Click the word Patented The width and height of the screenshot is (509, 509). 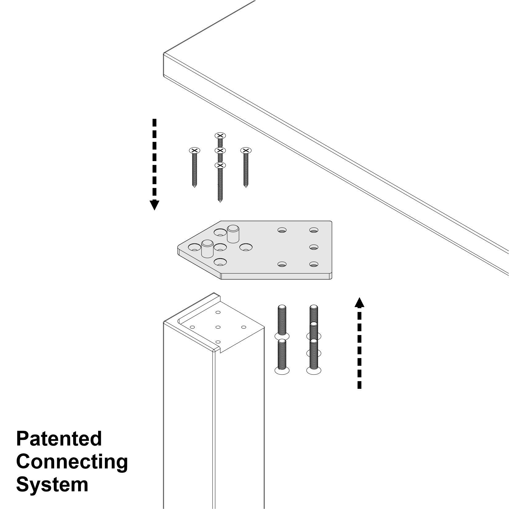[x=59, y=439]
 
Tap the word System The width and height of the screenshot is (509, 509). [x=52, y=485]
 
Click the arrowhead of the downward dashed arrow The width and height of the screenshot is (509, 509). [x=154, y=205]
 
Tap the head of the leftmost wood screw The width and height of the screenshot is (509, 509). [x=194, y=150]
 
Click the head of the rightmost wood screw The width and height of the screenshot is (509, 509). [x=246, y=150]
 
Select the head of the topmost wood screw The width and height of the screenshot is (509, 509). [x=220, y=136]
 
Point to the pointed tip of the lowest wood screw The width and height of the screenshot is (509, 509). [x=220, y=201]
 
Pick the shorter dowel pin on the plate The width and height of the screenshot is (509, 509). [x=207, y=248]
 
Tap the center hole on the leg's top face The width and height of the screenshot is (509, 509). [x=218, y=327]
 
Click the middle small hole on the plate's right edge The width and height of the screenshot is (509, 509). [x=314, y=247]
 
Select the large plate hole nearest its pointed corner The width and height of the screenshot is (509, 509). [x=194, y=247]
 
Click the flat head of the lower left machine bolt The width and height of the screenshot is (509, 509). [x=282, y=371]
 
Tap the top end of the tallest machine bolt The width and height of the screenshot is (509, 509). [x=314, y=306]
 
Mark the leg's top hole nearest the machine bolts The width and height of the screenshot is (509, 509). [x=244, y=327]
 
